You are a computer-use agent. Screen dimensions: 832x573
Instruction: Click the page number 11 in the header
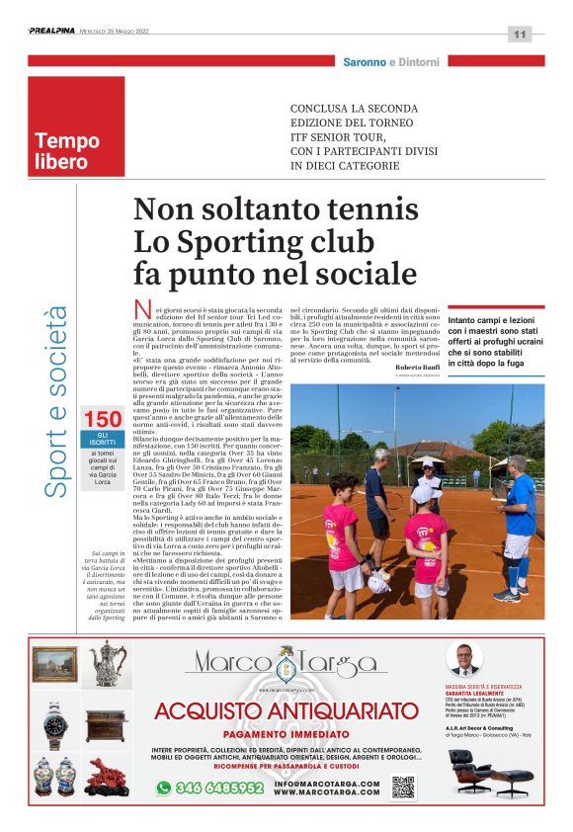520,34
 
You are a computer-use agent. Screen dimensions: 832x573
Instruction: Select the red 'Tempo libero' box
76,126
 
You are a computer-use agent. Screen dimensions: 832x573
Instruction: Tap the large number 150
102,420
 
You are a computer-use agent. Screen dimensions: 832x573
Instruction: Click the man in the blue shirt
517,524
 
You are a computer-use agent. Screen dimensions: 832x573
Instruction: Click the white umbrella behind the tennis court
426,461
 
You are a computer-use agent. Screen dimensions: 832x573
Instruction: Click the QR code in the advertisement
402,787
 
